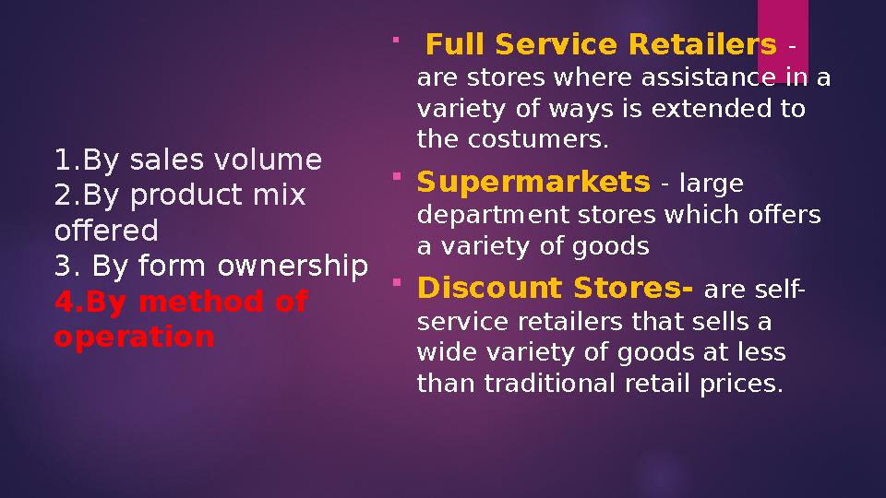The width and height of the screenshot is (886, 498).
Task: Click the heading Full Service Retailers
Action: click(x=601, y=44)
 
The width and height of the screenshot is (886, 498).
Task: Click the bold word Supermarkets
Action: click(x=533, y=183)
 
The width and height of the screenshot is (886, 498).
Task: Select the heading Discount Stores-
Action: click(x=556, y=290)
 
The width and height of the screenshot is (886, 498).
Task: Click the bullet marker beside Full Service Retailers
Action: click(x=395, y=39)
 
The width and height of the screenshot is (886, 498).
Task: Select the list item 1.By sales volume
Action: click(x=188, y=160)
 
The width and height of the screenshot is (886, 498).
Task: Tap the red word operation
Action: click(x=134, y=337)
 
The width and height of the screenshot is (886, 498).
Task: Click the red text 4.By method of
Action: click(x=181, y=302)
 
